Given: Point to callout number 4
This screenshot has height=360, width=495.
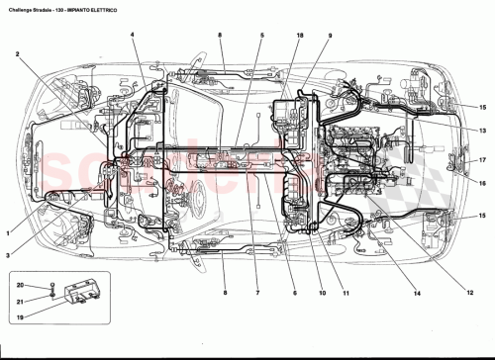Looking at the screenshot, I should point(132,35).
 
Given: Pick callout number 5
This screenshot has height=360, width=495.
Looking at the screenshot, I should point(262,37).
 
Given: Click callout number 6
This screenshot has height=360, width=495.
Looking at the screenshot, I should point(294,293).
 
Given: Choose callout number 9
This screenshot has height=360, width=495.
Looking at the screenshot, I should point(330,37).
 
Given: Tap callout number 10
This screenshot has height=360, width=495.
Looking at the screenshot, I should point(321,293).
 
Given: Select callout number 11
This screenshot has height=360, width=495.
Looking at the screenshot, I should point(346,293).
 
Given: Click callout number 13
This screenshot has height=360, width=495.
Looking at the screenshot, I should point(483,131).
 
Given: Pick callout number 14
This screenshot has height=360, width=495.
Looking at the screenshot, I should point(417,293).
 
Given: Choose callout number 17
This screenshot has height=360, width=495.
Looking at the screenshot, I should point(483,160).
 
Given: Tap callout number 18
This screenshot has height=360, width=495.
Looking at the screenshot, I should point(299,37).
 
